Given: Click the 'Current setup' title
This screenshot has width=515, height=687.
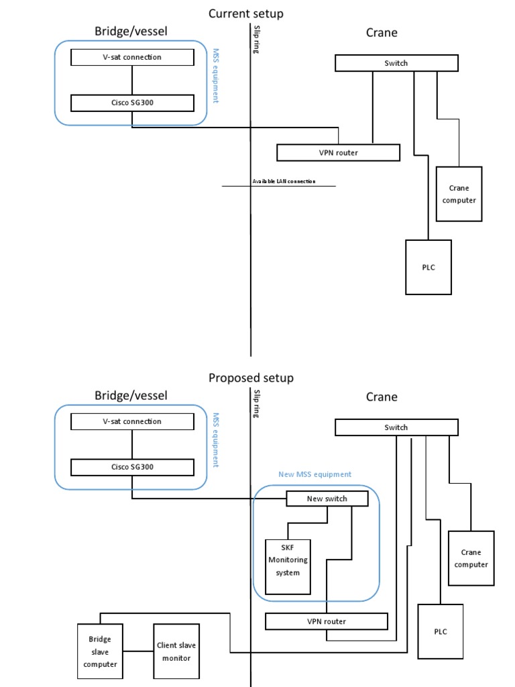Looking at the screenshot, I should [x=245, y=13].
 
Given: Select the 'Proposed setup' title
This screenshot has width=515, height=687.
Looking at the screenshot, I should [x=251, y=378].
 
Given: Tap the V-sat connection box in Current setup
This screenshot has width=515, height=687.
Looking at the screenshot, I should [x=132, y=57].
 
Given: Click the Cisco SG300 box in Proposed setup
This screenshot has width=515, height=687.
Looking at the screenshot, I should [x=132, y=467].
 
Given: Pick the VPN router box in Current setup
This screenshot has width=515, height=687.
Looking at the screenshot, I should [x=338, y=152].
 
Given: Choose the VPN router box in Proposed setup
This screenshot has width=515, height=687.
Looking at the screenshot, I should [x=327, y=621].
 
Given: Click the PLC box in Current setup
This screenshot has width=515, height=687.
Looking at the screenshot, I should [x=428, y=267].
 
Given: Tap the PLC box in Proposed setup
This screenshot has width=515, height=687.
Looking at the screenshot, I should [x=440, y=631].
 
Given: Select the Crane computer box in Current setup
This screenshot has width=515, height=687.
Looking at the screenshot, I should [x=459, y=194].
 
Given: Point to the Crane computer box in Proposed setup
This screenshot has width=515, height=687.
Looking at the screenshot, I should [x=471, y=558].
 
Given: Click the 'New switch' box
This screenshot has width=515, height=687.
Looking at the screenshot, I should [x=327, y=498].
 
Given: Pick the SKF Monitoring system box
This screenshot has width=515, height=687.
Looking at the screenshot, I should [x=288, y=560].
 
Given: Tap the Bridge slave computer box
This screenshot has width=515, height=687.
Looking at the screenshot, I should [x=100, y=651].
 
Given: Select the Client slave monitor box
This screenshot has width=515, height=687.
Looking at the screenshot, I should [x=176, y=651].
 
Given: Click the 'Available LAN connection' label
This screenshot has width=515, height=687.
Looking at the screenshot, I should [x=284, y=181].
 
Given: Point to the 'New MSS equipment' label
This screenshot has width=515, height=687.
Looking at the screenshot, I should [x=314, y=474].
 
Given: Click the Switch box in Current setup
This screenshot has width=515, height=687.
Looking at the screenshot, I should [x=396, y=63].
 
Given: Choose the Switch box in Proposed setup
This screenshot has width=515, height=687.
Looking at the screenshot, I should [x=396, y=427].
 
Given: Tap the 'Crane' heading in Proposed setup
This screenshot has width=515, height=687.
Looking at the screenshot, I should [x=382, y=397].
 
